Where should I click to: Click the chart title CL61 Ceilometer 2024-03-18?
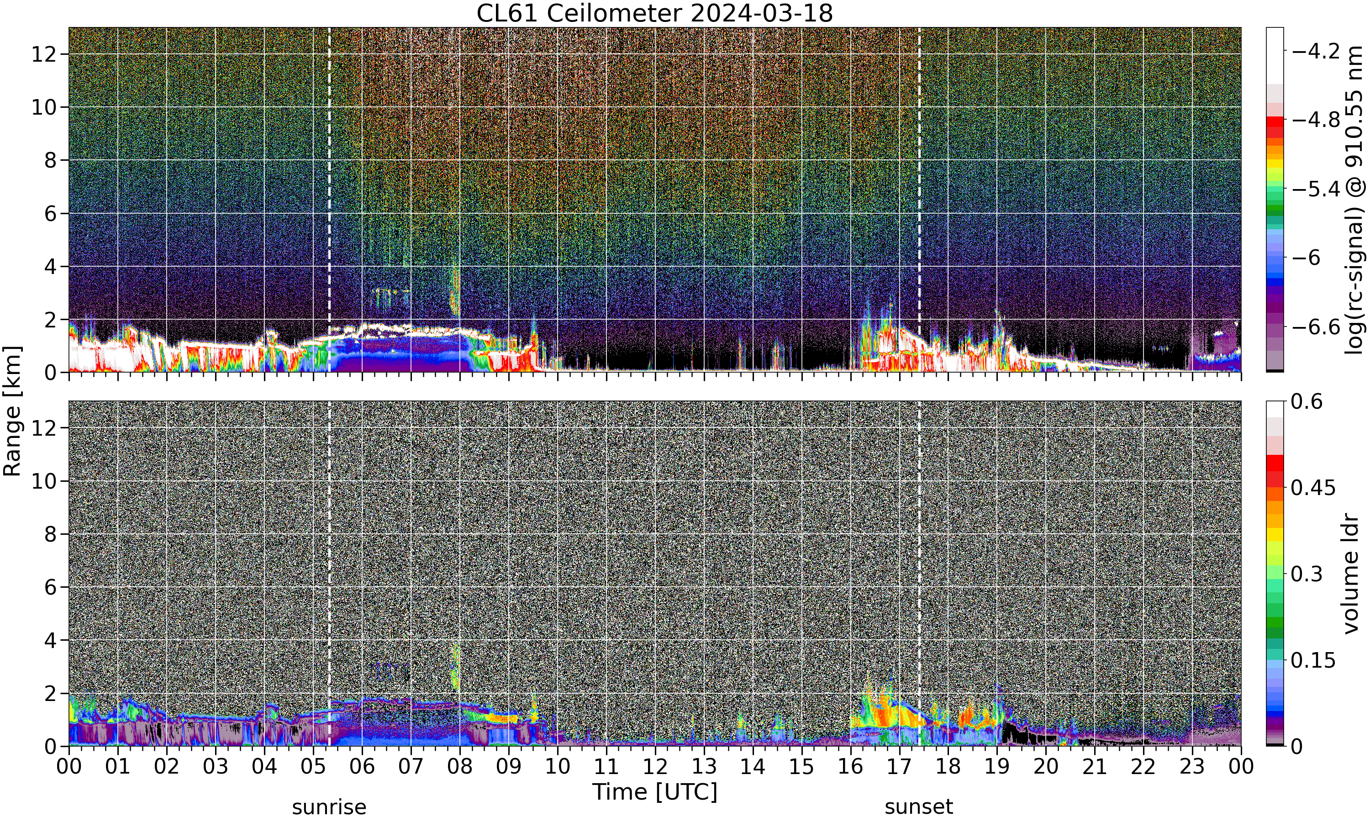click(x=654, y=13)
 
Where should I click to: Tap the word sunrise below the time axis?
click(x=329, y=806)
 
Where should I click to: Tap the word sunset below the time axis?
click(x=919, y=806)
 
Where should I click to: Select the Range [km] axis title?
click(x=12, y=411)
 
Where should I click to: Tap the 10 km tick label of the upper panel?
click(x=44, y=107)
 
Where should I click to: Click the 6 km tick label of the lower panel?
click(x=51, y=587)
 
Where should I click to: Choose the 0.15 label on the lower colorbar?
click(x=1313, y=660)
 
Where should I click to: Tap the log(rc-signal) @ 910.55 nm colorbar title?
click(x=1354, y=200)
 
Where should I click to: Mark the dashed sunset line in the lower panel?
click(x=919, y=573)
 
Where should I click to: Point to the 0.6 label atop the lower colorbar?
click(x=1307, y=401)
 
